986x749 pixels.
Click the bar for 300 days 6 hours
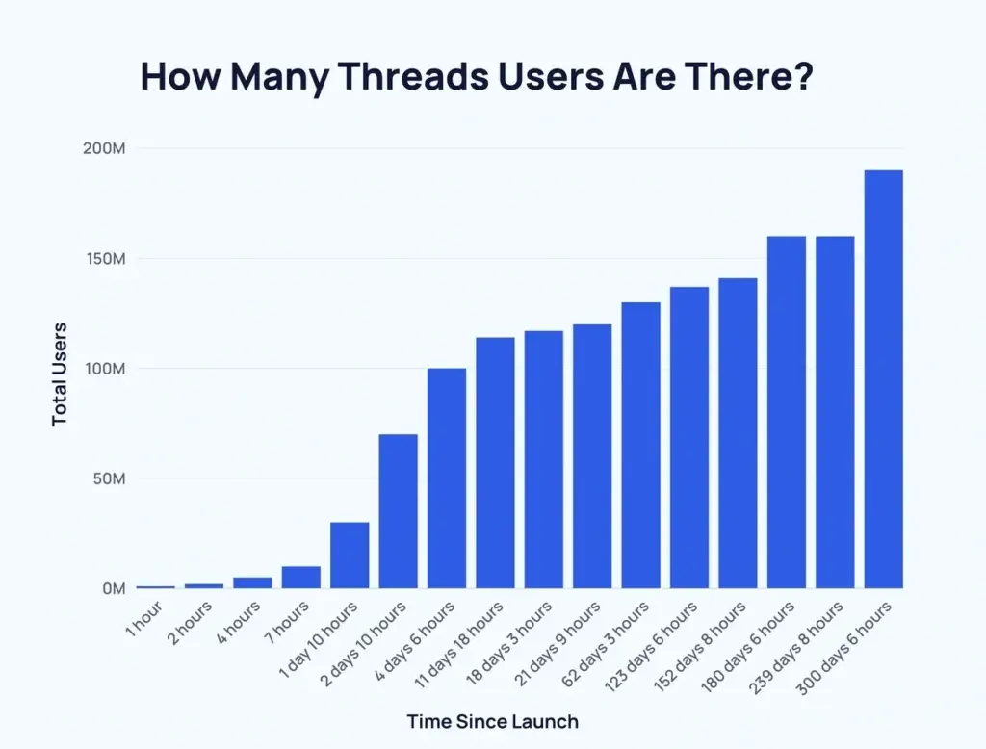point(883,379)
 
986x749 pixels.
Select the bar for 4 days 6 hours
point(447,478)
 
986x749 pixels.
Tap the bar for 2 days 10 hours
point(398,511)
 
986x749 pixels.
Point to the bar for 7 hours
point(300,577)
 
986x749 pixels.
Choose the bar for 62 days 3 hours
point(640,446)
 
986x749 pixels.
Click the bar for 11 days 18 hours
point(495,463)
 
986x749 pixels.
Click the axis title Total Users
point(60,374)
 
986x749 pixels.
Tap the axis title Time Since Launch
point(493,720)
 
